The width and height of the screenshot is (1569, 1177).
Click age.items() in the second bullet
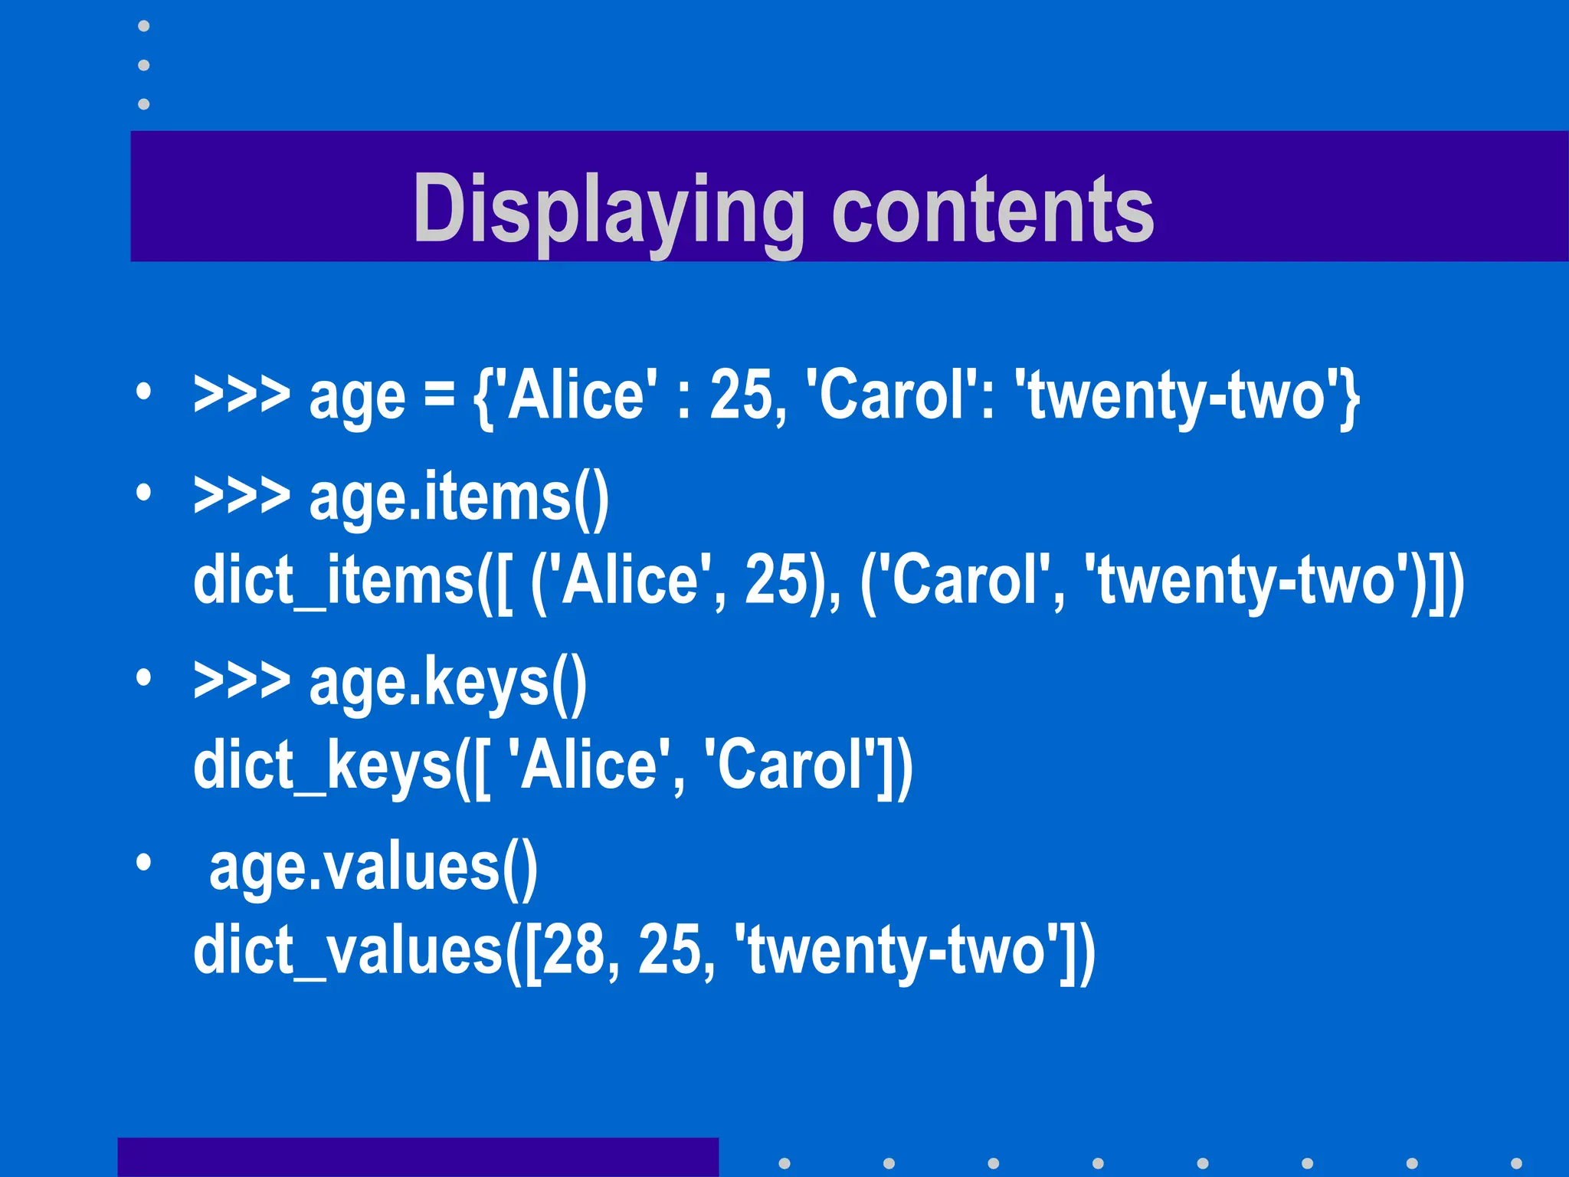point(459,497)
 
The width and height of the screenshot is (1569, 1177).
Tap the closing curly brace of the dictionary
point(1350,397)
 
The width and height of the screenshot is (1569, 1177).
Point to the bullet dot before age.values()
point(143,864)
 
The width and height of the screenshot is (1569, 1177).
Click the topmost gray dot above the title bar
point(143,26)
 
